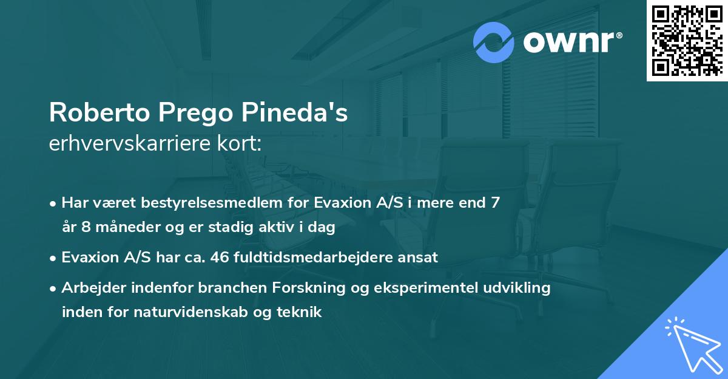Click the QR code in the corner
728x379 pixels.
pos(687,40)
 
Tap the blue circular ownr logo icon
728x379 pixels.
pos(494,43)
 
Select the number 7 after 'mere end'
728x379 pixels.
pos(496,203)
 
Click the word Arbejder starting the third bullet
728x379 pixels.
pos(90,288)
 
